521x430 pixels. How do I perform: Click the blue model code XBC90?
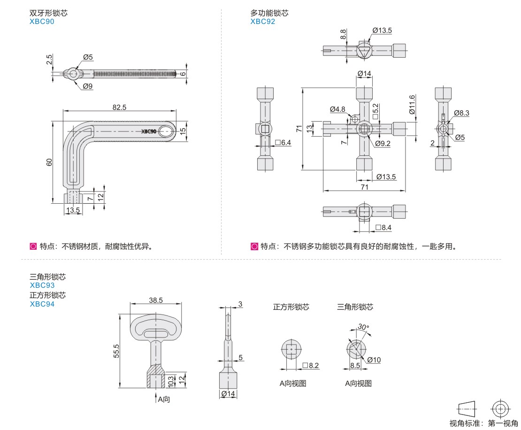pos(42,22)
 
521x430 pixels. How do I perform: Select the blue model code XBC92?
pos(263,22)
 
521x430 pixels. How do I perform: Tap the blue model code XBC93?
pos(42,285)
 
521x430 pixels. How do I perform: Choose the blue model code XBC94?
pos(42,304)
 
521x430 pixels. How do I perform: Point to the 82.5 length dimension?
pos(119,107)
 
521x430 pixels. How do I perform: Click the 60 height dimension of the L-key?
pos(49,162)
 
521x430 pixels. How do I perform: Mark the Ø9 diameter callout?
pos(88,86)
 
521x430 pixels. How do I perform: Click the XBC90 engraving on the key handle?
pos(149,131)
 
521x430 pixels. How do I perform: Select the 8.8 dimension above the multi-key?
pos(343,34)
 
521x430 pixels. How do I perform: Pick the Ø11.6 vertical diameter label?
pos(412,105)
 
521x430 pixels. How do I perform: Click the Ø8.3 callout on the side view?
pos(461,113)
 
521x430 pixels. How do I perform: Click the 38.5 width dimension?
pos(155,300)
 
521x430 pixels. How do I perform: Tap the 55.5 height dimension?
pos(116,351)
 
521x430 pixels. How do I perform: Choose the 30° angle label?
pos(362,327)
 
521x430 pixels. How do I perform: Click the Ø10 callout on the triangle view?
pos(374,360)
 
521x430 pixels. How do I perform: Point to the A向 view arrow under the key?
pos(163,399)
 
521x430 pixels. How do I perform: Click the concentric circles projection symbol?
pos(500,407)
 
